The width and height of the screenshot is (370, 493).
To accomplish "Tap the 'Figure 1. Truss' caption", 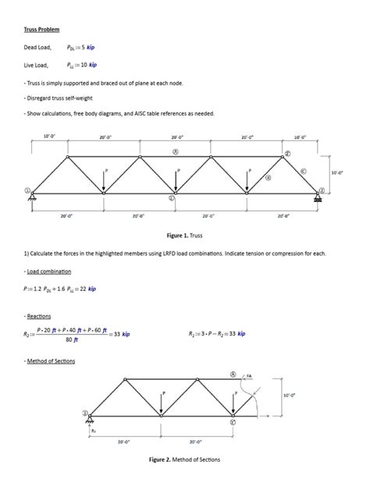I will click(x=185, y=234).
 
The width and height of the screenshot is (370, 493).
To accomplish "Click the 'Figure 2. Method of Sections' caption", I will click(x=185, y=459).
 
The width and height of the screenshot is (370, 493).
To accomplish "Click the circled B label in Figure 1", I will click(x=269, y=178).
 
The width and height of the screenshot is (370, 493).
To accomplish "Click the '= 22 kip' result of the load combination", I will click(x=84, y=289).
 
